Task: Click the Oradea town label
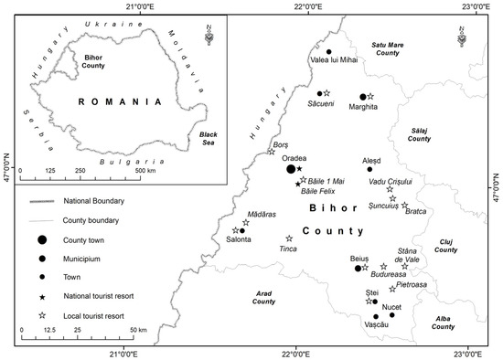coord(294,156)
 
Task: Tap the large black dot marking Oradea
coord(291,169)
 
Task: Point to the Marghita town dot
coord(362,96)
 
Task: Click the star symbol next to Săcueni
coord(327,93)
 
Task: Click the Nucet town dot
coord(391,315)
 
